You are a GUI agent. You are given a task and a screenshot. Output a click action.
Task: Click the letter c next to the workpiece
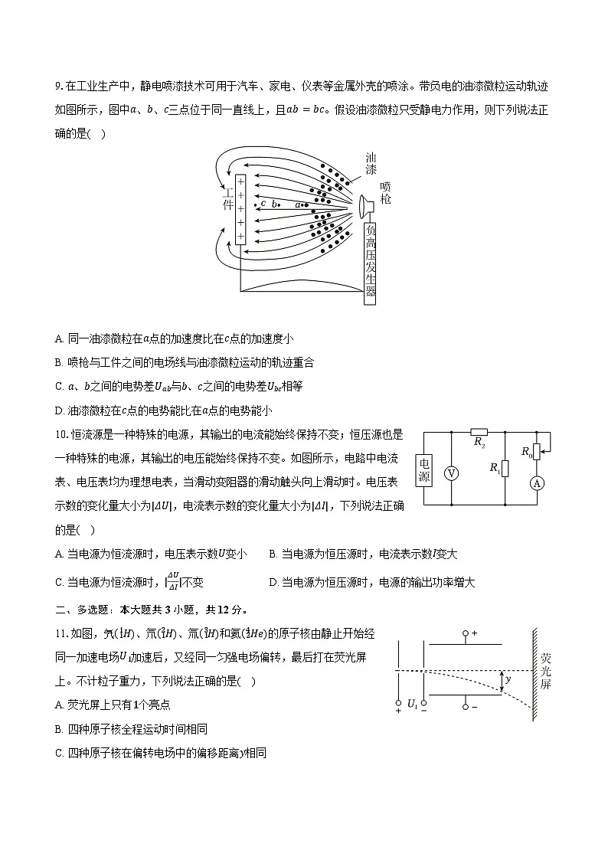point(263,203)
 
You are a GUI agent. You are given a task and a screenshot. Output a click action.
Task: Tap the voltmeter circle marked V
point(451,474)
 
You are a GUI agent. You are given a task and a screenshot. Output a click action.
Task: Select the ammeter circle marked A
point(537,483)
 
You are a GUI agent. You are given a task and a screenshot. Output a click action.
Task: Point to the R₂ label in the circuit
point(479,442)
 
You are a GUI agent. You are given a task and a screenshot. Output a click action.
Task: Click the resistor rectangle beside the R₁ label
point(505,469)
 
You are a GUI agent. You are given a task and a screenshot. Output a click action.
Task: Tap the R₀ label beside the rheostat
point(527,452)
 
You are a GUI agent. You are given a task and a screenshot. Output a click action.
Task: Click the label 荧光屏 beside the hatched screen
point(545,671)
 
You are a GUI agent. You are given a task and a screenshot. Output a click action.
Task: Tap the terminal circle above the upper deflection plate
point(466,635)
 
